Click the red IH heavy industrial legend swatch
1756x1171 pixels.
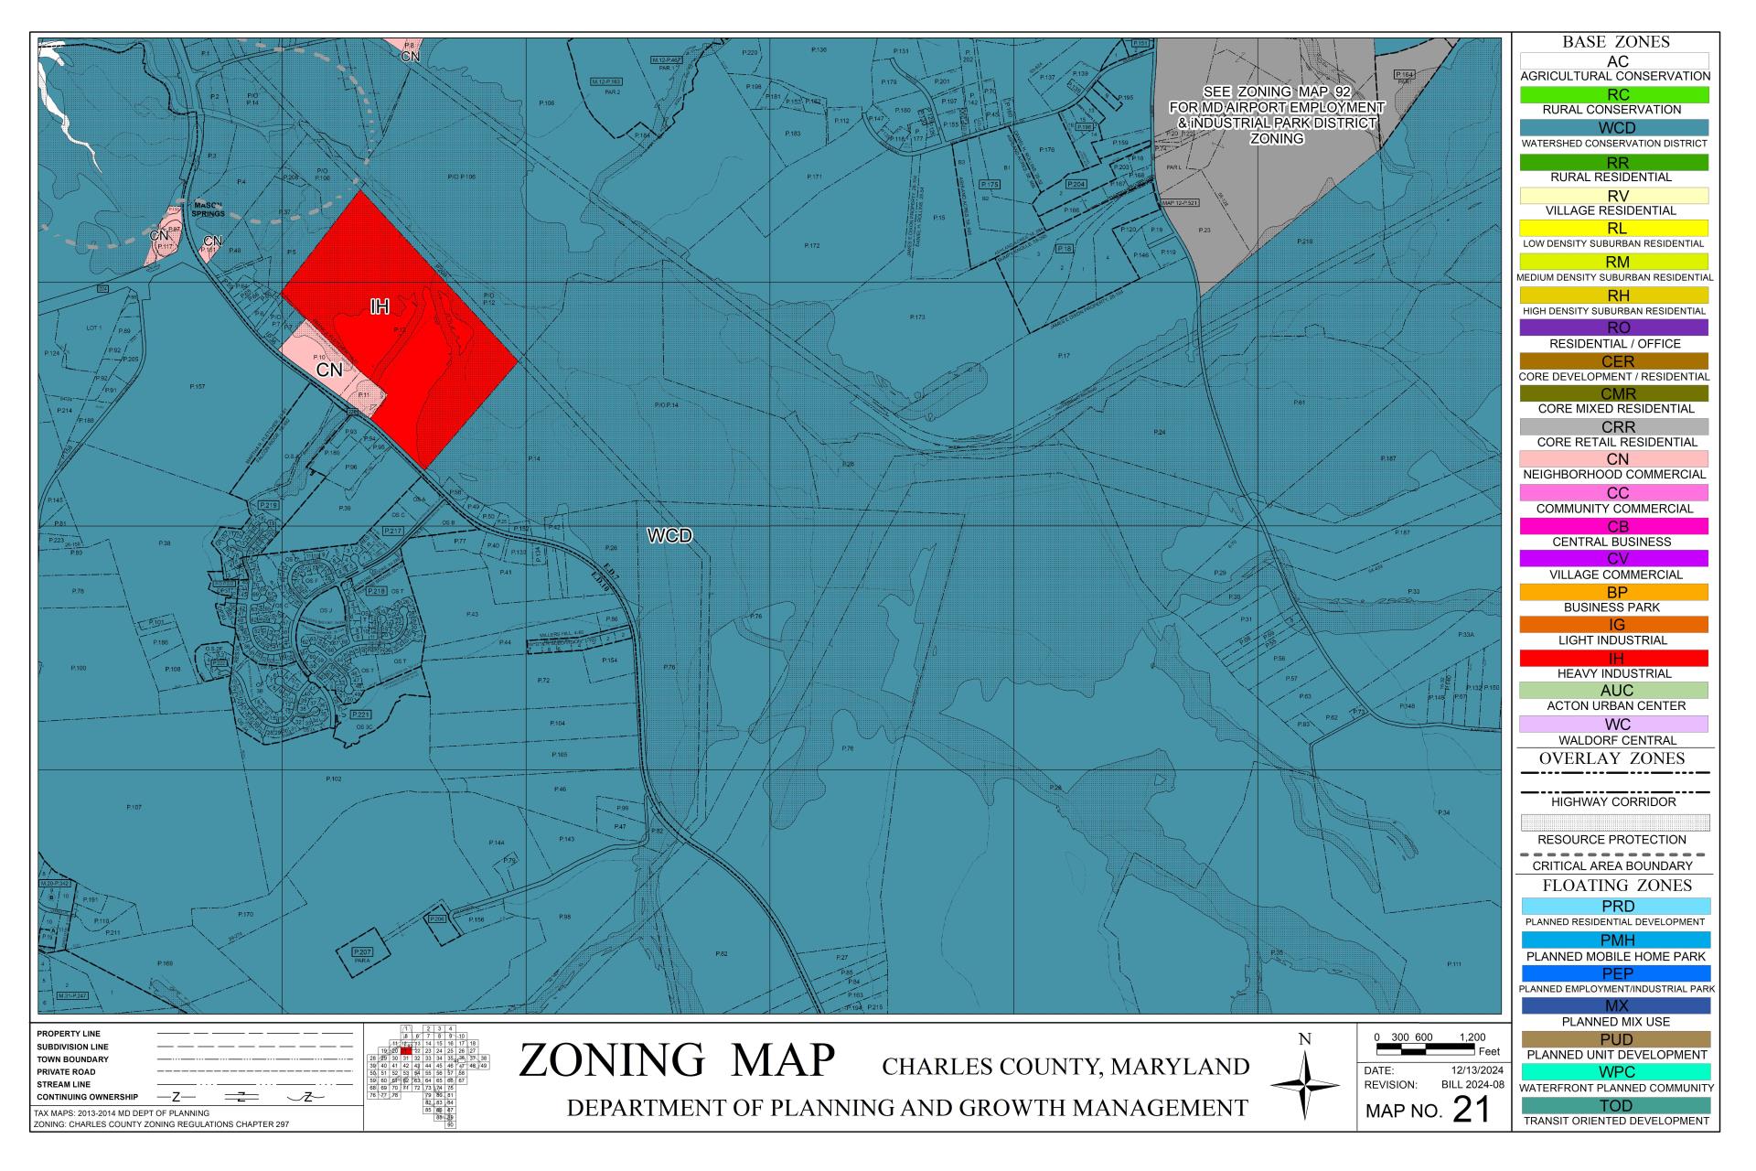1614,658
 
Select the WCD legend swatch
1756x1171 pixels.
1614,128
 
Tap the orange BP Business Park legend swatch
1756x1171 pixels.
1614,592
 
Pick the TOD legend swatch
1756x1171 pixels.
1614,1105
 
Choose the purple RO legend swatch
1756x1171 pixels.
1614,328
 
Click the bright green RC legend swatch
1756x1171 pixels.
1614,94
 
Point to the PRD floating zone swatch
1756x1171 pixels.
1614,906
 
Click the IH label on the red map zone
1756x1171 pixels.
380,307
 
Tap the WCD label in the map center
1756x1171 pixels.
669,536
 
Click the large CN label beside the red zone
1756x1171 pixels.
329,371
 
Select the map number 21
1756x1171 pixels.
1471,1110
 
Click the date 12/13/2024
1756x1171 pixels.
1477,1069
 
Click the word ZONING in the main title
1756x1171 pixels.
612,1061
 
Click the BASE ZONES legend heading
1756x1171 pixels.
1615,42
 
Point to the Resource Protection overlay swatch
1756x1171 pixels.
1614,822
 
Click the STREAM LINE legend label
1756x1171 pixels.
64,1084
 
